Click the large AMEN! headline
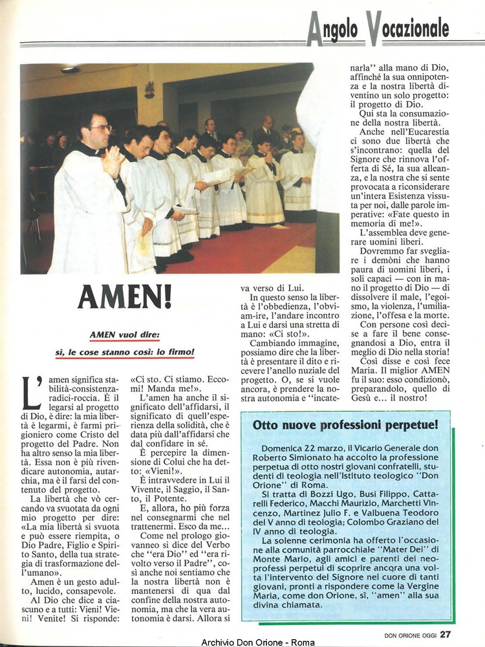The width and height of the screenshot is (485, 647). (125, 297)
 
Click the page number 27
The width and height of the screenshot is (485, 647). (446, 634)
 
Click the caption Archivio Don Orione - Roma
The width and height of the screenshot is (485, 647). (258, 642)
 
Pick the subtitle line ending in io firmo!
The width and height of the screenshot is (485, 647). (125, 353)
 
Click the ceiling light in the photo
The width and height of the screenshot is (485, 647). (69, 70)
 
